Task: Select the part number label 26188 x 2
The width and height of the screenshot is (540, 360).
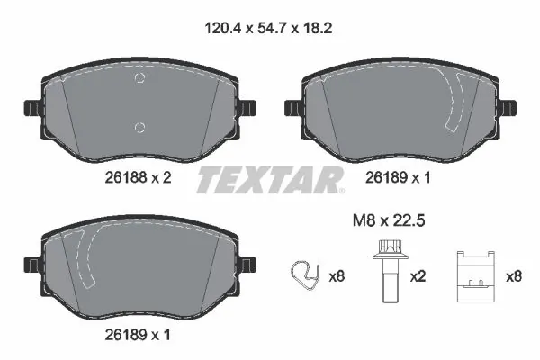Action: coord(134,178)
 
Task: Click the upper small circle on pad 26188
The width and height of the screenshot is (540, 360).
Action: coord(138,77)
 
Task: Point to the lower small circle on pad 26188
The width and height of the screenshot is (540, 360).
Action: coord(138,125)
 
